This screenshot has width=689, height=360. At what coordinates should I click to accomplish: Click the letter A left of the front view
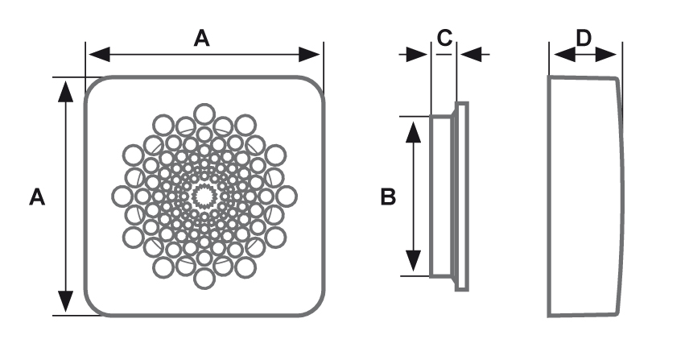[x=36, y=197]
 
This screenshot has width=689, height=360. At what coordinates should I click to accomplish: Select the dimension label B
[x=388, y=197]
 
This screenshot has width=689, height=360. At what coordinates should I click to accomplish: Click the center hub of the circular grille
[x=204, y=196]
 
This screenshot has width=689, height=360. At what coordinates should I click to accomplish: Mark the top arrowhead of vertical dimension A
[x=65, y=89]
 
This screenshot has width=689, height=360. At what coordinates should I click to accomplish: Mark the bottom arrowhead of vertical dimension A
[x=65, y=304]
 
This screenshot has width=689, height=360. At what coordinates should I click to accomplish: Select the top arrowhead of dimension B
[x=413, y=128]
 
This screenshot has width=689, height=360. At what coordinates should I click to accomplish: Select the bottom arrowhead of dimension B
[x=413, y=263]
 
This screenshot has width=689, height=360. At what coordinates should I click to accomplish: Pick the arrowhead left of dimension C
[x=418, y=55]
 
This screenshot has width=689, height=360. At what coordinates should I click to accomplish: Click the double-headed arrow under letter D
[x=584, y=55]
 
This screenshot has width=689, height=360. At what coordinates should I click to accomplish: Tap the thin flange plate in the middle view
[x=461, y=196]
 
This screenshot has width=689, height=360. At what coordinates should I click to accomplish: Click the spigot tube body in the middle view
[x=440, y=196]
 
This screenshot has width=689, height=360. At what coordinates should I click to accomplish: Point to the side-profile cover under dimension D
[x=584, y=196]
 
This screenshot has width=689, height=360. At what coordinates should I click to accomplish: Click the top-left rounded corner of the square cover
[x=94, y=86]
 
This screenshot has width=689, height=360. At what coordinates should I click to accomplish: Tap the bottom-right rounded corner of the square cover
[x=316, y=306]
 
